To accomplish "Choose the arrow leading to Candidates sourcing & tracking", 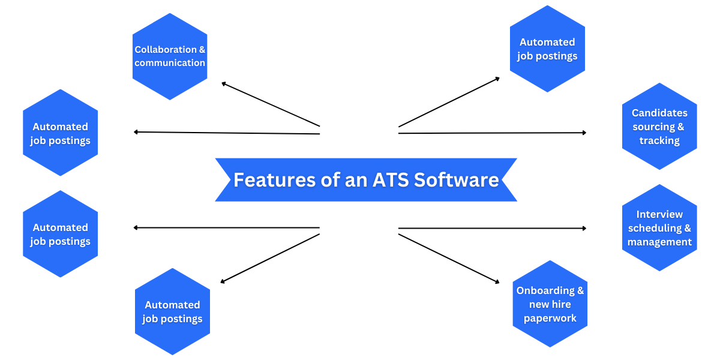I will (492, 133).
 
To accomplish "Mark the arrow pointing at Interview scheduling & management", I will (492, 228).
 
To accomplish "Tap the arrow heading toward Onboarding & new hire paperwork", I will (449, 258).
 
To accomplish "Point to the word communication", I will (170, 63).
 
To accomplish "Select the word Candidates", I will (659, 113).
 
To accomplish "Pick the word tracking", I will (659, 141).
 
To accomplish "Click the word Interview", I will (659, 214).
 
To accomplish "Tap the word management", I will (659, 242).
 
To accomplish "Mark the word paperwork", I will (550, 318).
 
